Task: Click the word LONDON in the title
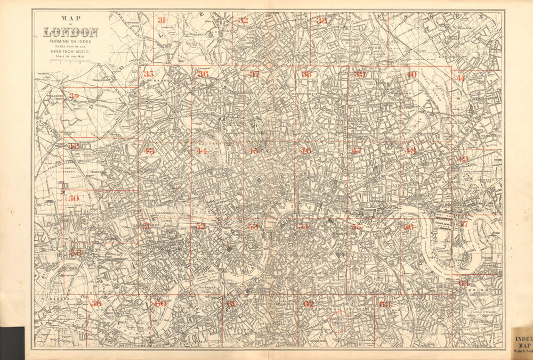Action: click(x=71, y=32)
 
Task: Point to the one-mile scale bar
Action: click(x=70, y=61)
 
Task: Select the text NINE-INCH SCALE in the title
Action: click(x=70, y=51)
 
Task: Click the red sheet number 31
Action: click(x=161, y=20)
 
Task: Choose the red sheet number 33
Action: click(x=321, y=20)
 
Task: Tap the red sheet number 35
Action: click(x=149, y=74)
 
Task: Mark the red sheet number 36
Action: click(x=203, y=74)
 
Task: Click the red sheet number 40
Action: click(x=411, y=75)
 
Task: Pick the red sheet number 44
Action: click(x=201, y=151)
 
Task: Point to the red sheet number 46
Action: click(x=306, y=151)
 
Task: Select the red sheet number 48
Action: click(x=410, y=151)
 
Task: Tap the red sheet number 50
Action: click(x=74, y=198)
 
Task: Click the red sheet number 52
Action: click(x=200, y=226)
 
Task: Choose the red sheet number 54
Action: click(x=303, y=226)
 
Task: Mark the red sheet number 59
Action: click(x=96, y=304)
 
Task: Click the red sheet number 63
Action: click(x=385, y=304)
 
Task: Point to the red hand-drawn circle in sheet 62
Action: click(x=339, y=323)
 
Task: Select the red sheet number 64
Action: click(x=463, y=283)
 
